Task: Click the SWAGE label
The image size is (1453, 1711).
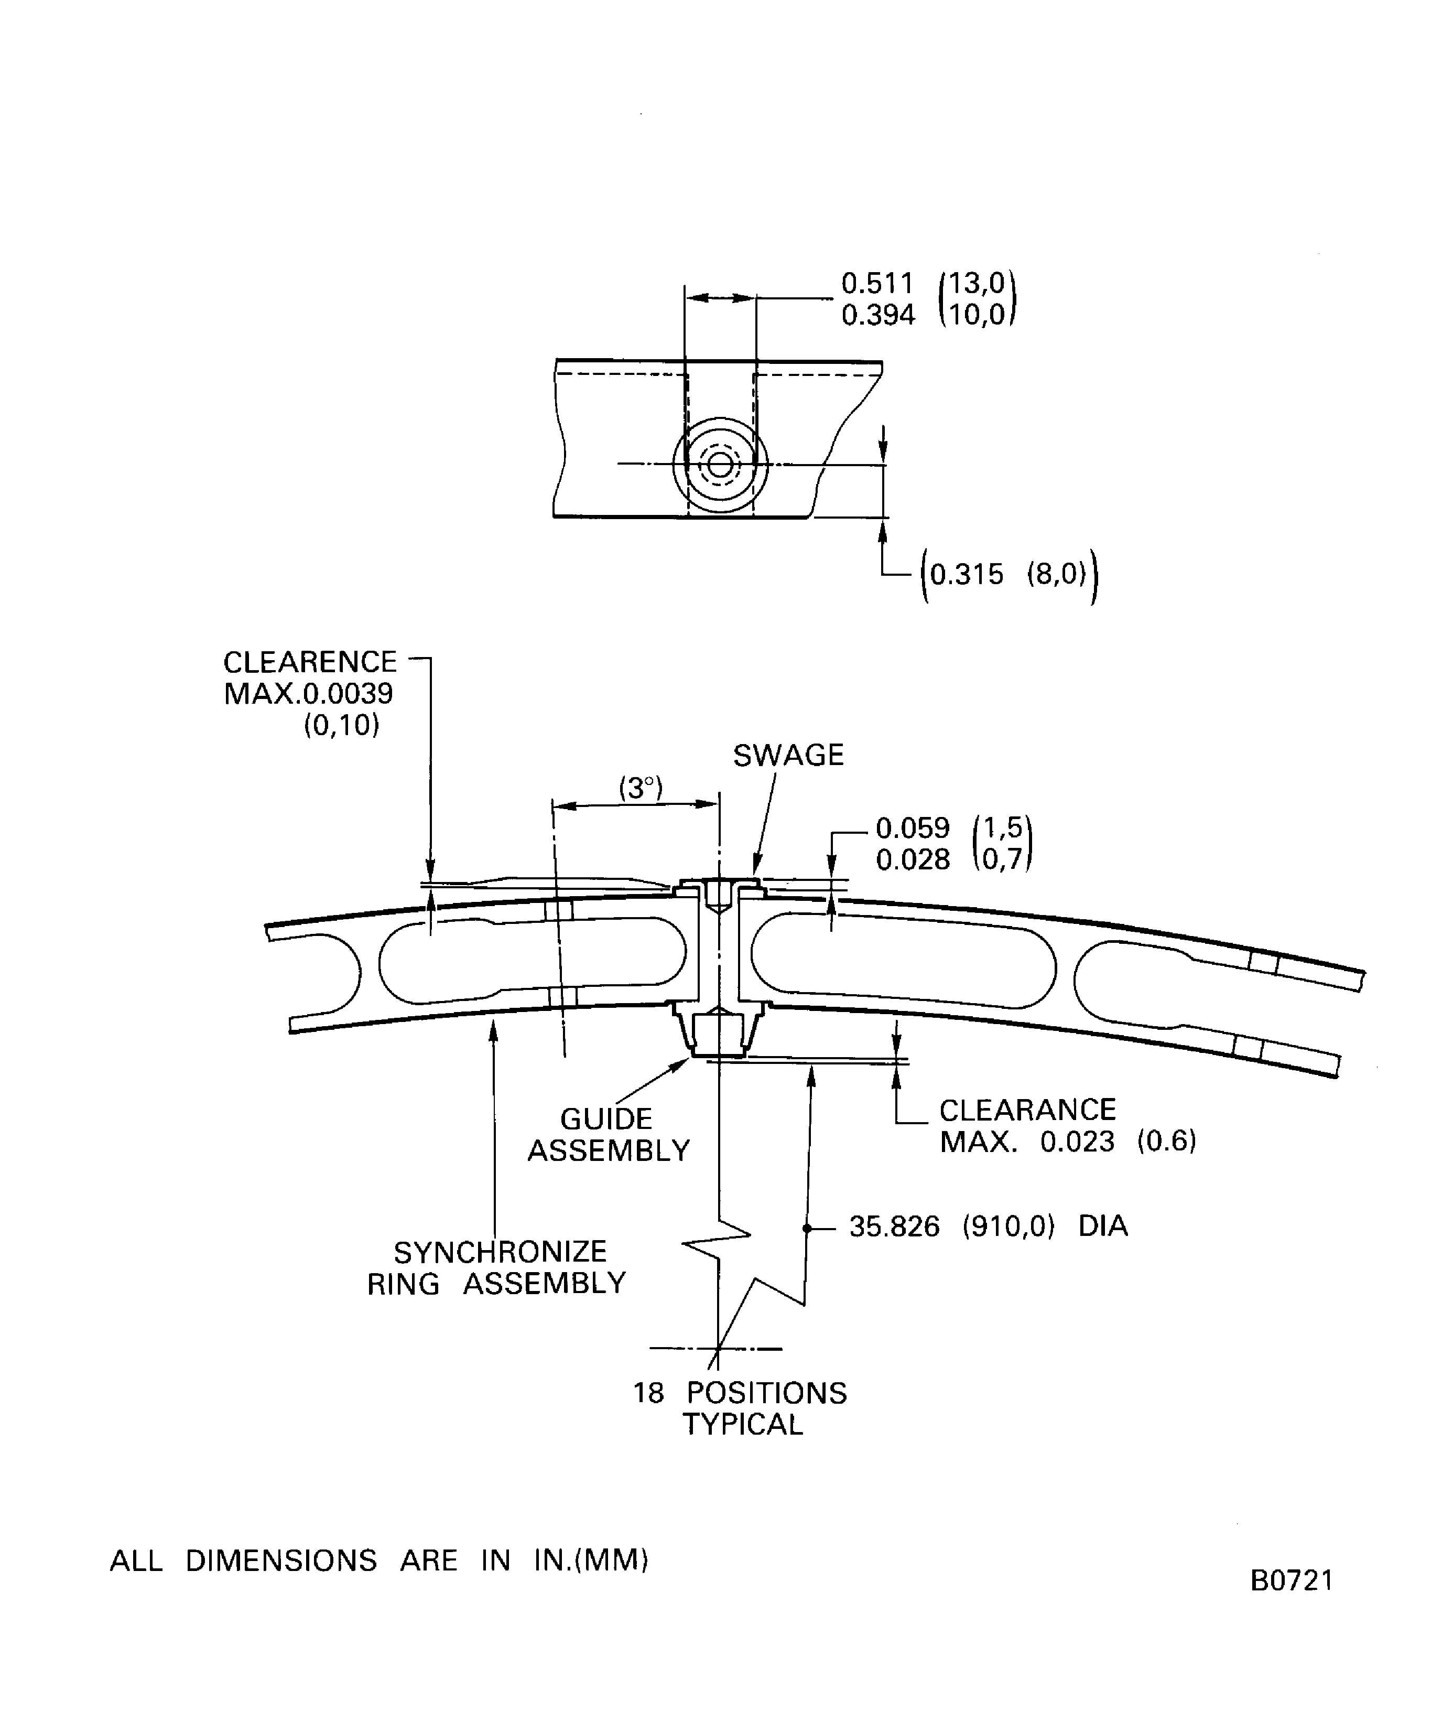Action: coord(788,756)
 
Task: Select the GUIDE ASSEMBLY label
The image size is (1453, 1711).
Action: coord(608,1134)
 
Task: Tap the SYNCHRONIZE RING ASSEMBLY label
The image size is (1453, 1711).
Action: coord(497,1268)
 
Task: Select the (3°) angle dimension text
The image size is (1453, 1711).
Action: coord(641,788)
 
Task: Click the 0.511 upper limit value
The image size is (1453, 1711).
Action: coord(877,283)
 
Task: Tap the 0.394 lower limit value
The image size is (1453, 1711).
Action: coord(877,315)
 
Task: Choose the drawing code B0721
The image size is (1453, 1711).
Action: coord(1291,1580)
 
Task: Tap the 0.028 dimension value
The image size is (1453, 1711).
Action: coord(912,859)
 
